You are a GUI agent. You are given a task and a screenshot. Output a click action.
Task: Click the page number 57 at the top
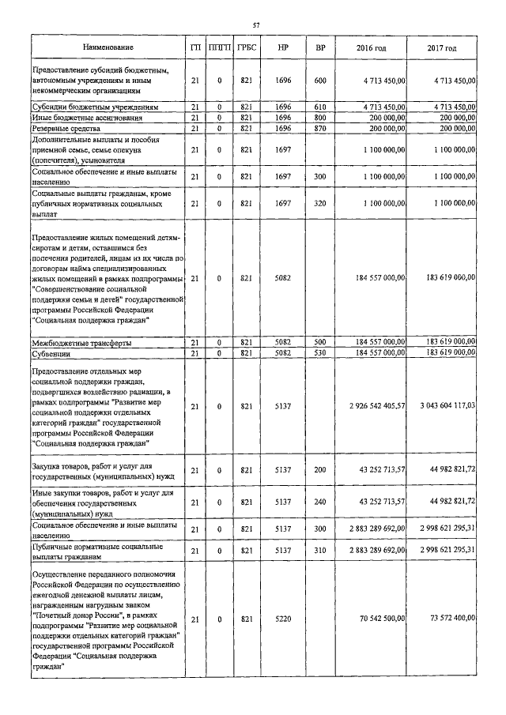pyautogui.click(x=256, y=25)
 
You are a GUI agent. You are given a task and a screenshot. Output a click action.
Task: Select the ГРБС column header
pyautogui.click(x=246, y=49)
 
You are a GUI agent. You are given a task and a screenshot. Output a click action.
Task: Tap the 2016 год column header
pyautogui.click(x=371, y=49)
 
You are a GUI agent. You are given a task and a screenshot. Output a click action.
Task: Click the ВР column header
pyautogui.click(x=320, y=49)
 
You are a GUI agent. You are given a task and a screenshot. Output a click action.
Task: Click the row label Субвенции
pyautogui.click(x=53, y=352)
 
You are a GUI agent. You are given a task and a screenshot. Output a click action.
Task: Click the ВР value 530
pyautogui.click(x=320, y=352)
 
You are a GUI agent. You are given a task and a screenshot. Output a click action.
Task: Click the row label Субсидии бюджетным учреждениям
pyautogui.click(x=96, y=106)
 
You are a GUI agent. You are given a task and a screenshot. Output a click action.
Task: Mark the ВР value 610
pyautogui.click(x=320, y=106)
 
